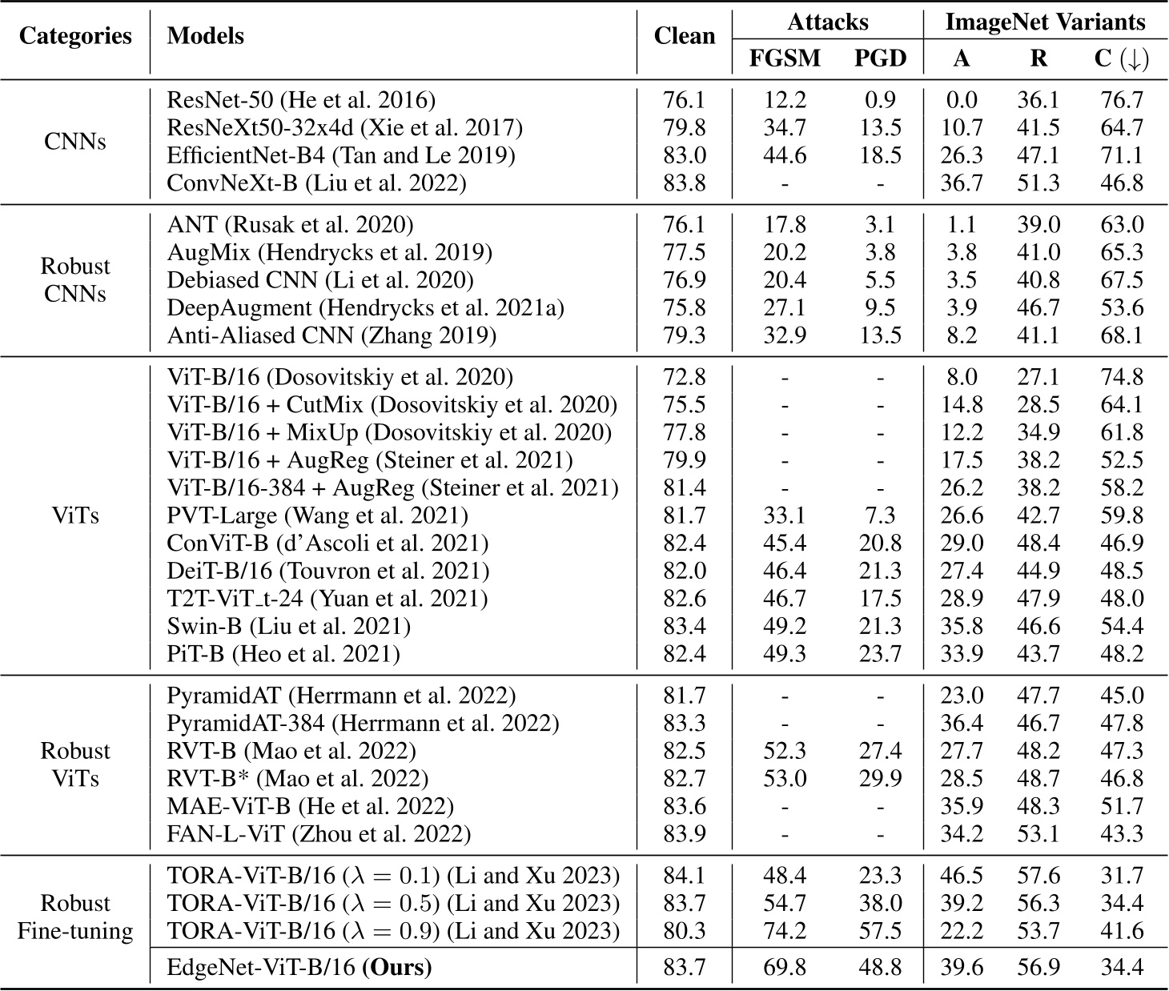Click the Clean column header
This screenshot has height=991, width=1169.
tap(685, 36)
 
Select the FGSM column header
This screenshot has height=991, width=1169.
tap(785, 58)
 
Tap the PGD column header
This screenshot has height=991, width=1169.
tap(880, 58)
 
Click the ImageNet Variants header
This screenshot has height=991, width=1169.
tap(1045, 22)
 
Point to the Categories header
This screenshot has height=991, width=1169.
tap(75, 36)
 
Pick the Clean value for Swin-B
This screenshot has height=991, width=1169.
tap(685, 627)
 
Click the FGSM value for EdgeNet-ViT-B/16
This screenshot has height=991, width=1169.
tap(785, 968)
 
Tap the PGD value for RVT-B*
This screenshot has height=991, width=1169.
tap(880, 779)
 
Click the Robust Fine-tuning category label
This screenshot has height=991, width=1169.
tap(75, 917)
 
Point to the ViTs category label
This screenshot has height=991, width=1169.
tap(75, 516)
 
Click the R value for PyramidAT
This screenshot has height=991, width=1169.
tap(1038, 696)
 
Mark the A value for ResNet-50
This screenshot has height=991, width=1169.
tap(961, 100)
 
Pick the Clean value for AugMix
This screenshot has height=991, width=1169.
tap(685, 253)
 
